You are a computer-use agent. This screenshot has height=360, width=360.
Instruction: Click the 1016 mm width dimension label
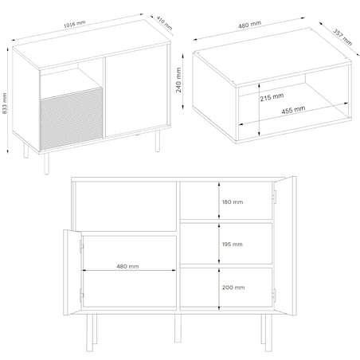coord(75,24)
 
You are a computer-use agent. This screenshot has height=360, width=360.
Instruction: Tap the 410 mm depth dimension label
coord(164,23)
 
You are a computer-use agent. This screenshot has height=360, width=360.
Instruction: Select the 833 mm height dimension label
coord(5,104)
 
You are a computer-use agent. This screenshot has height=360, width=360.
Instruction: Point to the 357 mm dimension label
coord(342,37)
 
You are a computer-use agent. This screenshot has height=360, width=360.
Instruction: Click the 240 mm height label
coord(178,80)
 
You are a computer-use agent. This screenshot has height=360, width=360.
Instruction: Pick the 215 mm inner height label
coord(272,97)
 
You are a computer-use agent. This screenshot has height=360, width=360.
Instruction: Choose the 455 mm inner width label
coord(293,110)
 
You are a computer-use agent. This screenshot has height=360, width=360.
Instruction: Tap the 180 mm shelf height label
coord(233,202)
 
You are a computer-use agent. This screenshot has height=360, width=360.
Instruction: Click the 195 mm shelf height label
coord(233,245)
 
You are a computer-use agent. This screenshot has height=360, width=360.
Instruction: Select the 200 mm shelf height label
coord(233,288)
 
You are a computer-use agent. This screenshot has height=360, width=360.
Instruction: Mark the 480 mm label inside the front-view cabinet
coord(127,266)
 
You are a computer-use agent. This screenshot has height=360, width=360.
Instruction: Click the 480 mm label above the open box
coord(249,25)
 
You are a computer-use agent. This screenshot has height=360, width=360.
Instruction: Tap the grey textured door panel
coord(72,119)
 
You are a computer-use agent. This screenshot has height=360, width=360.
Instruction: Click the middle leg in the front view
coord(178,328)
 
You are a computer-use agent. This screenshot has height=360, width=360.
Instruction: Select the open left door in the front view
coord(72,272)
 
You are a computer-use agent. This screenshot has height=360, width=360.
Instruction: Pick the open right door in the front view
coord(285,245)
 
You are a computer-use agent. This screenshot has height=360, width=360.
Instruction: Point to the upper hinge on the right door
coord(275,197)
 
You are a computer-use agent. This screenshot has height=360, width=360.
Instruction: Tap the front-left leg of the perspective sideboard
coord(47,163)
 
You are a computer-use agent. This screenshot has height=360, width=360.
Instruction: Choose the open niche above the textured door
coord(71,82)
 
